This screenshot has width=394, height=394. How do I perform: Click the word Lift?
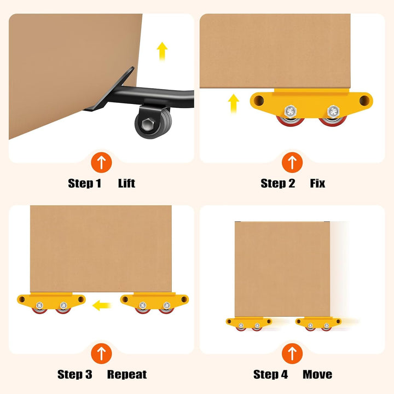[126, 183]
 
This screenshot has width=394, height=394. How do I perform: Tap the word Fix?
[317, 183]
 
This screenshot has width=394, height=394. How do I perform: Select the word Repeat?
[127, 374]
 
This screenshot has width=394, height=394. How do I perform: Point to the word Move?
[317, 374]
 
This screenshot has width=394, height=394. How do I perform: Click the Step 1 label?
[85, 183]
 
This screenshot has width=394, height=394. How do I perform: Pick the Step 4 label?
[271, 374]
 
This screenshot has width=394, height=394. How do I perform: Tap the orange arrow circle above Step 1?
[101, 163]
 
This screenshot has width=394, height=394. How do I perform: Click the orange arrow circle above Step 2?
[292, 163]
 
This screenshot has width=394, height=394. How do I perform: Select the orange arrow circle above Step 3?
[101, 354]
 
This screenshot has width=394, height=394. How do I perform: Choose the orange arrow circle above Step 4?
[292, 354]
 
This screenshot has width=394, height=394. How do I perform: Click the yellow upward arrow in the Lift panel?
[162, 51]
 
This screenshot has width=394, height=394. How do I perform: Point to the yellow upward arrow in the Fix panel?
[234, 103]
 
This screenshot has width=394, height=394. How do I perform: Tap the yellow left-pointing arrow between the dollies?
[102, 305]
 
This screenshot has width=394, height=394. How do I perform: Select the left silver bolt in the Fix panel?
[291, 111]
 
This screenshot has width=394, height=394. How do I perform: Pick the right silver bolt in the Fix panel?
[333, 111]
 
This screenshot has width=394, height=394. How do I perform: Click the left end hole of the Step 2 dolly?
[259, 101]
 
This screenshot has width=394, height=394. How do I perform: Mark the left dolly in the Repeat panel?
[51, 303]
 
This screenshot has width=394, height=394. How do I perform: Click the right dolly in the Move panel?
[318, 324]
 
